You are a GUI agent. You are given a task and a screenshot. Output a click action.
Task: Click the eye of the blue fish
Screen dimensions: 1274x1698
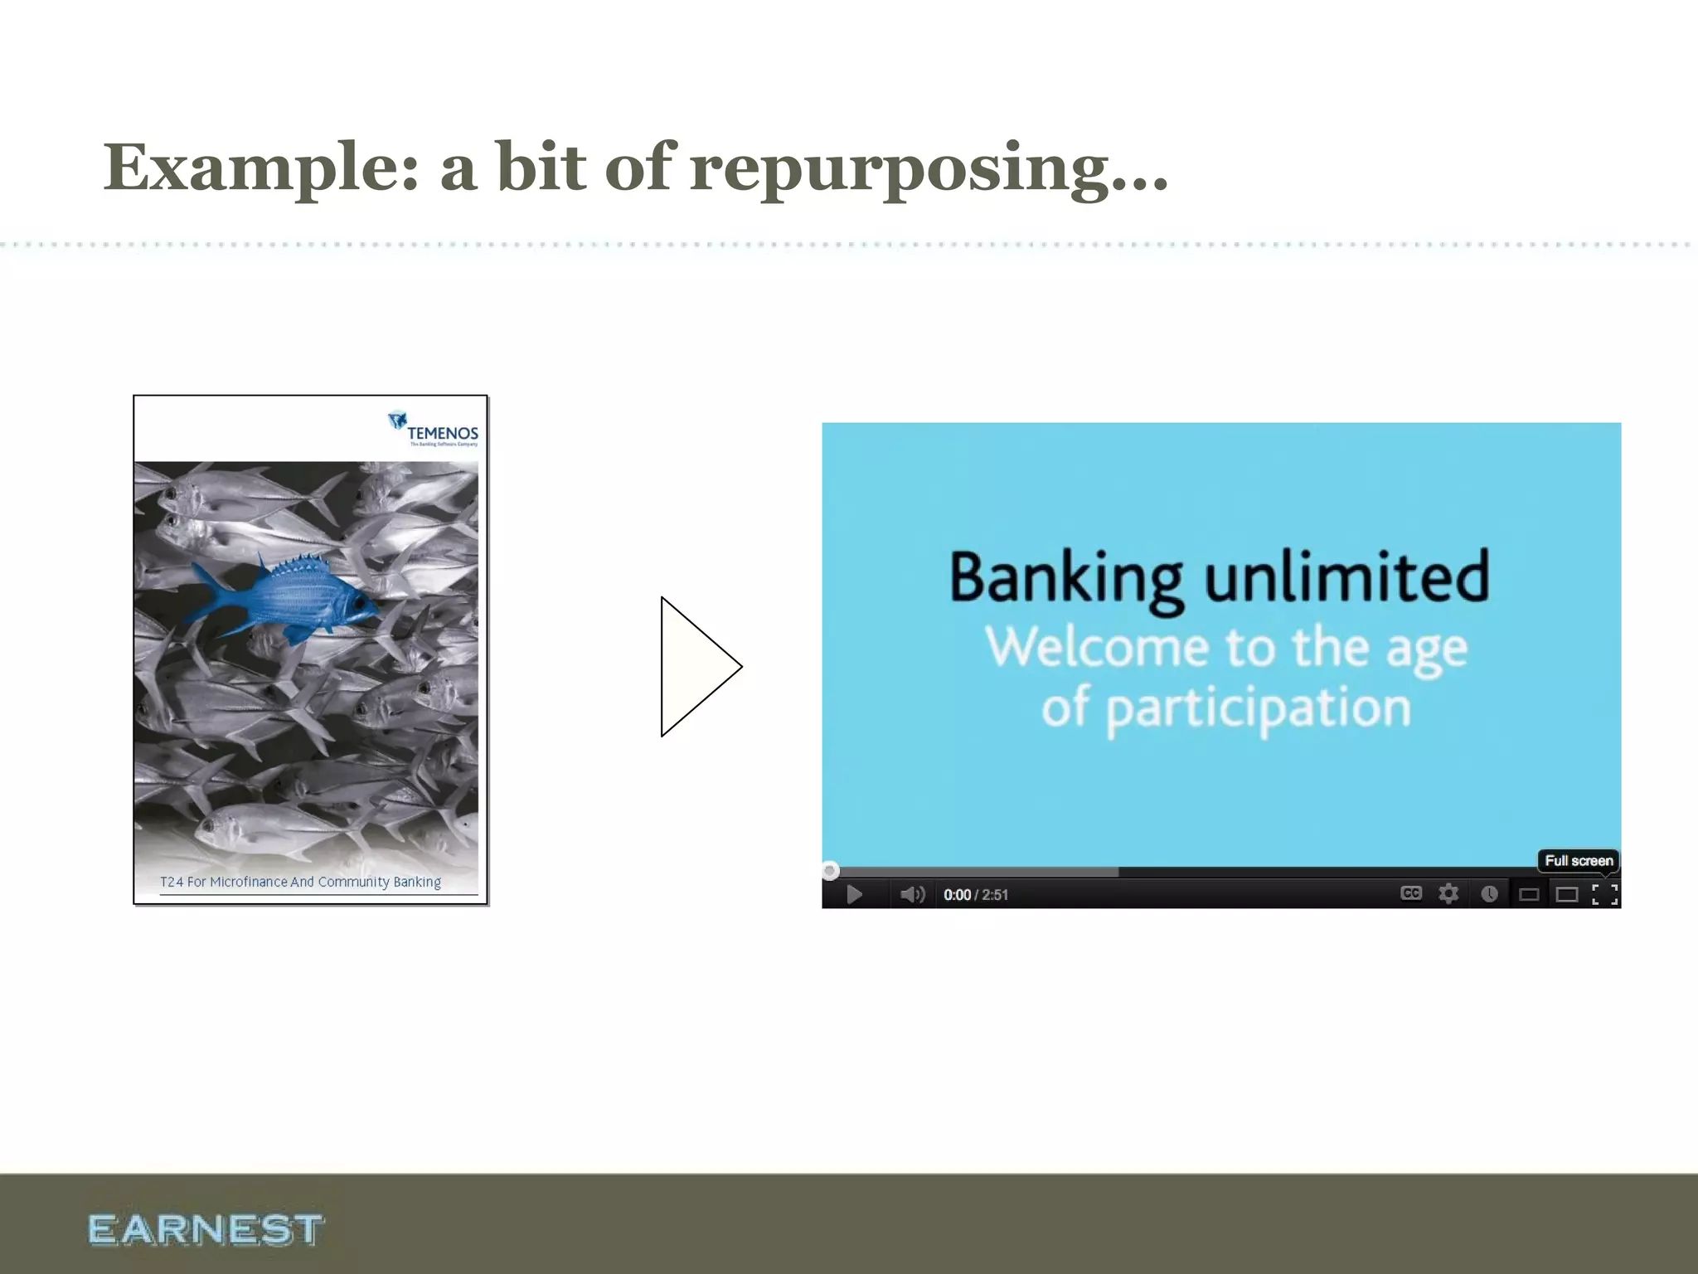click(x=358, y=603)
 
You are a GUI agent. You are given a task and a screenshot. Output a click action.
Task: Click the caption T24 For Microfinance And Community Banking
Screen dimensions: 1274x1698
click(x=300, y=882)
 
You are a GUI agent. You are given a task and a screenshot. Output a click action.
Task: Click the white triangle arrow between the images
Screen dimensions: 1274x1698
click(x=696, y=666)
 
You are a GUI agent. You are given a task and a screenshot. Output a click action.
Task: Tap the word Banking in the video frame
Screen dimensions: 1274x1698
click(x=1065, y=578)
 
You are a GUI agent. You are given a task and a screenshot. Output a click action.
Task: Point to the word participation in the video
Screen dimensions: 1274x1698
click(x=1258, y=709)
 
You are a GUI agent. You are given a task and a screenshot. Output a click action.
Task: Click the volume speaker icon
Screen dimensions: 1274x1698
click(x=912, y=894)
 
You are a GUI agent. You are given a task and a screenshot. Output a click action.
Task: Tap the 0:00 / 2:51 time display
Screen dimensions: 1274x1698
click(x=975, y=895)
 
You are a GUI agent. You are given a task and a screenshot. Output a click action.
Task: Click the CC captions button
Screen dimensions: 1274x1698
click(x=1410, y=893)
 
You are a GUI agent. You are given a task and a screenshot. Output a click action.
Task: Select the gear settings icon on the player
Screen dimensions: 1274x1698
click(x=1448, y=893)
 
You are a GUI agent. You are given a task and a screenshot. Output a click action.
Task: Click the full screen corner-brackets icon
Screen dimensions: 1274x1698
click(x=1604, y=894)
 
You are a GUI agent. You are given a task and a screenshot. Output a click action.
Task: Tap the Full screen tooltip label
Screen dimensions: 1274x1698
click(x=1579, y=861)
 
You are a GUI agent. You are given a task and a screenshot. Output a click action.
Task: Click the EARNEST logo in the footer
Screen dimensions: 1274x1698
click(x=205, y=1229)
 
